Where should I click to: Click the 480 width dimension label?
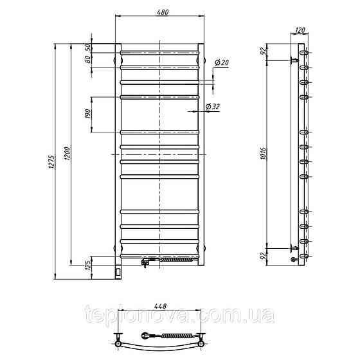click(163, 12)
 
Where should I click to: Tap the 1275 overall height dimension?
click(51, 162)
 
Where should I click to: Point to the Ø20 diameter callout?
click(222, 62)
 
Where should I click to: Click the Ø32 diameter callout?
click(213, 107)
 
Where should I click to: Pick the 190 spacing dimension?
click(88, 114)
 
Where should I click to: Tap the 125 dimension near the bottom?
click(88, 265)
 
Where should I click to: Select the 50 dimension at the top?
click(88, 48)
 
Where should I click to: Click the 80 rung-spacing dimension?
click(88, 60)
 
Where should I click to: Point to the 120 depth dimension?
click(300, 30)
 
